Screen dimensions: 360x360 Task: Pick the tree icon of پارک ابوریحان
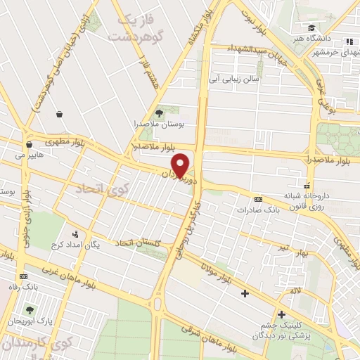point(30,310)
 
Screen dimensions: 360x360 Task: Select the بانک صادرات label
point(254,210)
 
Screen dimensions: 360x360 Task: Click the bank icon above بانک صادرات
point(258,199)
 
